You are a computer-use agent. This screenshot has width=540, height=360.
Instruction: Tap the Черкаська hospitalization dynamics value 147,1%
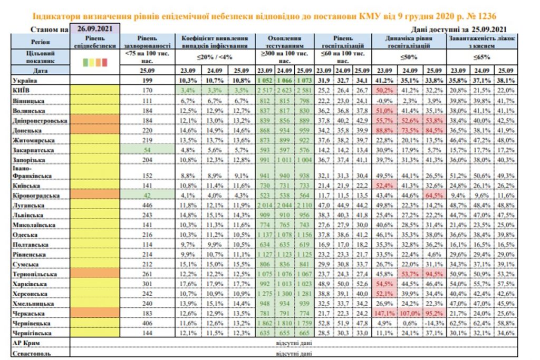click(x=384, y=313)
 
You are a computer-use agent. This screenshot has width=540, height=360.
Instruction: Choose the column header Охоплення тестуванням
click(x=285, y=42)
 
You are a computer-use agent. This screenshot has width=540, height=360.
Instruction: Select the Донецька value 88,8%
click(x=384, y=130)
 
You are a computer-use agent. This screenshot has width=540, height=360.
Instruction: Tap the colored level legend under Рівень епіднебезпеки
click(x=95, y=62)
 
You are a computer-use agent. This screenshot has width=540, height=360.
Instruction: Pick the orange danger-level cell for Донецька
click(x=95, y=130)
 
